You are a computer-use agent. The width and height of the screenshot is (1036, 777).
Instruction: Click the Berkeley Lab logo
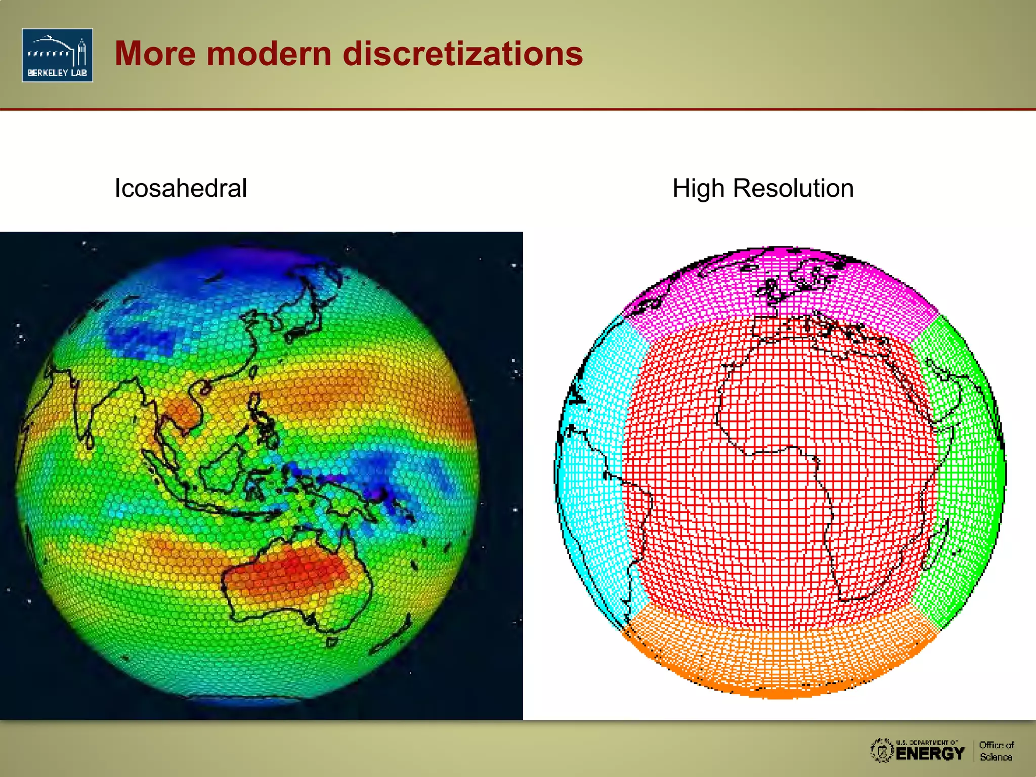pos(57,55)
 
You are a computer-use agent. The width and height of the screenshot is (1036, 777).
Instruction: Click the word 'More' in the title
pos(155,54)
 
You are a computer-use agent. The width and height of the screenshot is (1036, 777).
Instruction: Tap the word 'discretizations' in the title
pos(462,54)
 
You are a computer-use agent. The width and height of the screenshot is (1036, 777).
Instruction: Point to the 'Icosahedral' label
pos(181,188)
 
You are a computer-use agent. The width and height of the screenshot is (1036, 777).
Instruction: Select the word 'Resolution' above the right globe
pos(793,188)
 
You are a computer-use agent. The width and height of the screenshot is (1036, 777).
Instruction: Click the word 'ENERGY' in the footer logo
pos(930,754)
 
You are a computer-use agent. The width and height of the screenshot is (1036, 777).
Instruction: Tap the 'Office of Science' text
pos(996,751)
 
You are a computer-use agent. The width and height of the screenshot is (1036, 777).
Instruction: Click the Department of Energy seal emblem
pos(882,750)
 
